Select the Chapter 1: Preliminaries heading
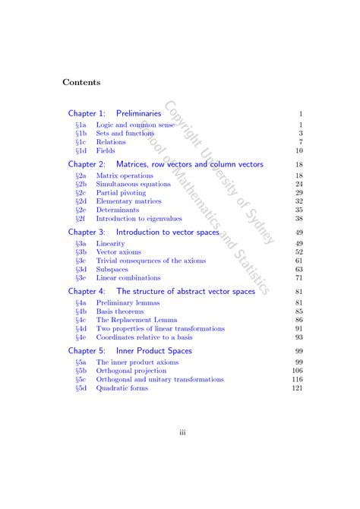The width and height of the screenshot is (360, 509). pos(115,113)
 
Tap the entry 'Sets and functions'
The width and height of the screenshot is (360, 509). pos(125,133)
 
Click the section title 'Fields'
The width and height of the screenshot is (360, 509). pos(106,150)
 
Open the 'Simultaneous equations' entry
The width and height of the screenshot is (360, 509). pos(134,184)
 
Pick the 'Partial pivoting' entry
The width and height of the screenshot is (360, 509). pos(122,193)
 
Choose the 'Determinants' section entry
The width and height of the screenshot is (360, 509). pos(118,210)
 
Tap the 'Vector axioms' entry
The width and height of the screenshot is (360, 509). pos(118,252)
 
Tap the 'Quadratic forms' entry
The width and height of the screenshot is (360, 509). pos(122,388)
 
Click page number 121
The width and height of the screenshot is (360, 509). pos(298,388)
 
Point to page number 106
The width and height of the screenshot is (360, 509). pos(298,371)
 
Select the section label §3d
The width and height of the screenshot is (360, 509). pos(81,269)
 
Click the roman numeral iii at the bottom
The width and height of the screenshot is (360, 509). pos(182,433)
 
